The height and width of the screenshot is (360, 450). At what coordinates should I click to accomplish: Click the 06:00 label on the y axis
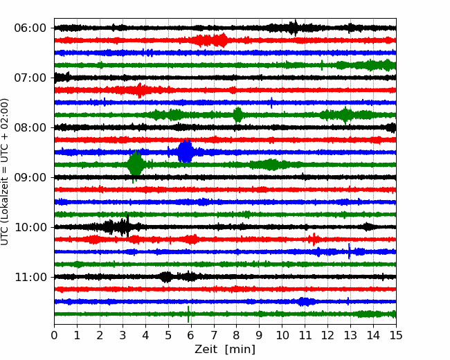30,28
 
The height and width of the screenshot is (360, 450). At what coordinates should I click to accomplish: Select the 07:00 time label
30,78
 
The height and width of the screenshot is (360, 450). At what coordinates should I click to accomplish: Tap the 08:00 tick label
30,127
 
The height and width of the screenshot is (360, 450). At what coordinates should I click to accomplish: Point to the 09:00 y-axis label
30,177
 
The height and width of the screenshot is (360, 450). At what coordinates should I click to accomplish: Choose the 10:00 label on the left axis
30,227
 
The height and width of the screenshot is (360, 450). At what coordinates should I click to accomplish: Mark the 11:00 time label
30,277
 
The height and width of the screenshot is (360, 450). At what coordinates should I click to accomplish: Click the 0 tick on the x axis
54,335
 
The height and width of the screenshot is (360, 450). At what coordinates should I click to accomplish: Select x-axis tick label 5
168,335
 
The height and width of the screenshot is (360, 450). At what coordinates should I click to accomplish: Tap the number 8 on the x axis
237,335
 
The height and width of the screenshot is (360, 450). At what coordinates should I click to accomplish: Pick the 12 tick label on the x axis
327,335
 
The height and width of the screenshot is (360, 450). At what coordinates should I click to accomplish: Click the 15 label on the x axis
396,335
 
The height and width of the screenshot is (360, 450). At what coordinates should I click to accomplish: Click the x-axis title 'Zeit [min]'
225,350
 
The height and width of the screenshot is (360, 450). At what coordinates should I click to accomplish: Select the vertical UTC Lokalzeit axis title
4,172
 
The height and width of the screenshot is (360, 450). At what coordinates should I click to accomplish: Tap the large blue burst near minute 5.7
186,152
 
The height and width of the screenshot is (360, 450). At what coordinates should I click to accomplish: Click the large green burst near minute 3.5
136,165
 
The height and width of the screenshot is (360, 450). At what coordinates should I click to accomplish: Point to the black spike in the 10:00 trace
127,226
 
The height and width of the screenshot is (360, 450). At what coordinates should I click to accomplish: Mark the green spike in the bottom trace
188,314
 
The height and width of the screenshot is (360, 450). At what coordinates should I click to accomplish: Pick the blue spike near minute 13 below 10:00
349,251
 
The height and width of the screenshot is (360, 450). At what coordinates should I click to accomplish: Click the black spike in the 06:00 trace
296,28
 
